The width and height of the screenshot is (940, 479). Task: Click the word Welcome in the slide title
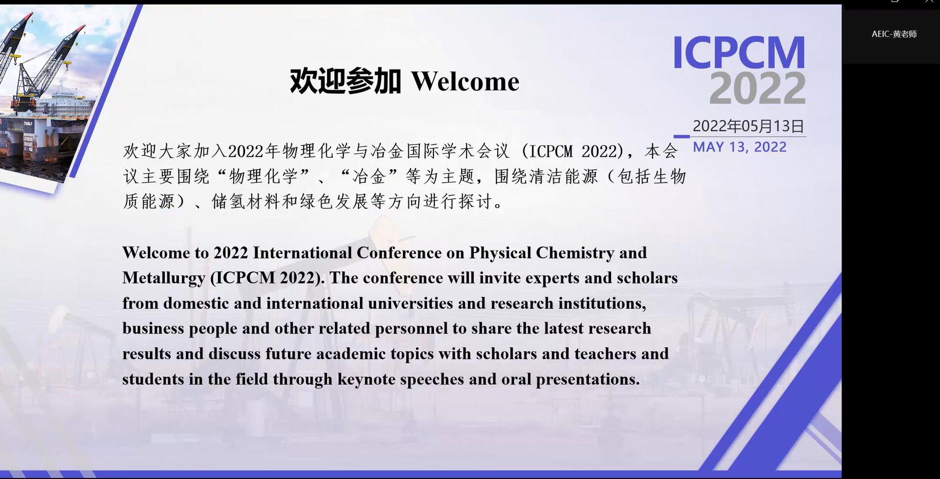pos(465,81)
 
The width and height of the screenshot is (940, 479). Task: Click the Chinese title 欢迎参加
pos(345,81)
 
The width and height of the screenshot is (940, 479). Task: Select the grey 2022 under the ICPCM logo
pos(758,88)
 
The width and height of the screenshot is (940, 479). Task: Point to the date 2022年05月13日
pos(748,126)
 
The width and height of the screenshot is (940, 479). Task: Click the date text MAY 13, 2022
pos(740,147)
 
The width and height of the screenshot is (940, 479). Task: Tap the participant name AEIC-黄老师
pos(894,34)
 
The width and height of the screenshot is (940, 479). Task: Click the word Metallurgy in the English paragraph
pos(164,278)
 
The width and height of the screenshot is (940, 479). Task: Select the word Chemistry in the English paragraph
pos(575,253)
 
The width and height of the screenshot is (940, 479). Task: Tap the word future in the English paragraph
pos(289,354)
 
